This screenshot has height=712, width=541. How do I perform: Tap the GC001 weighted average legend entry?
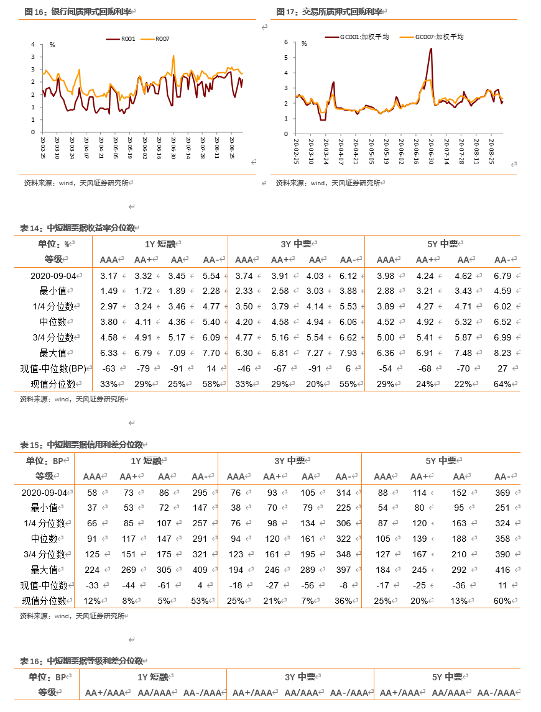pyautogui.click(x=357, y=37)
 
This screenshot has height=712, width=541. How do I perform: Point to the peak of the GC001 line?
pyautogui.click(x=431, y=48)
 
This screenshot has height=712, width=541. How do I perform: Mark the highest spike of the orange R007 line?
pyautogui.click(x=173, y=56)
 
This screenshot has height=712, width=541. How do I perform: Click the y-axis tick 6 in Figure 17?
pyautogui.click(x=286, y=42)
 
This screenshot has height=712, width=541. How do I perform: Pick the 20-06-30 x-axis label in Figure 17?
pyautogui.click(x=431, y=151)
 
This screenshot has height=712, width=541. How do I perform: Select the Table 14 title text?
pyautogui.click(x=78, y=228)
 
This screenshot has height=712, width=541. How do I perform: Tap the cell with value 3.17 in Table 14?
pyautogui.click(x=109, y=276)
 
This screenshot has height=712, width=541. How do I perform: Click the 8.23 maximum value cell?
pyautogui.click(x=502, y=353)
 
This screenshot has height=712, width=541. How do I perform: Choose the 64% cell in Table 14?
pyautogui.click(x=503, y=384)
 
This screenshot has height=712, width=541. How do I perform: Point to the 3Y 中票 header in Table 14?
pyautogui.click(x=296, y=244)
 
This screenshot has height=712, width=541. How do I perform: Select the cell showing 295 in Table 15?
pyautogui.click(x=200, y=493)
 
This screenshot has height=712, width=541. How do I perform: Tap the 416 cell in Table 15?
pyautogui.click(x=502, y=570)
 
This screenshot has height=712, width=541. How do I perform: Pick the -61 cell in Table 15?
pyautogui.click(x=164, y=585)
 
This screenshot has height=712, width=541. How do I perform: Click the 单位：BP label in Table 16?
pyautogui.click(x=47, y=677)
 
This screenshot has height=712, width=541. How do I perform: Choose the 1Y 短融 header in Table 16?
pyautogui.click(x=153, y=677)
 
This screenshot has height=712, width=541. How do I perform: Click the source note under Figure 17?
pyautogui.click(x=328, y=183)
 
